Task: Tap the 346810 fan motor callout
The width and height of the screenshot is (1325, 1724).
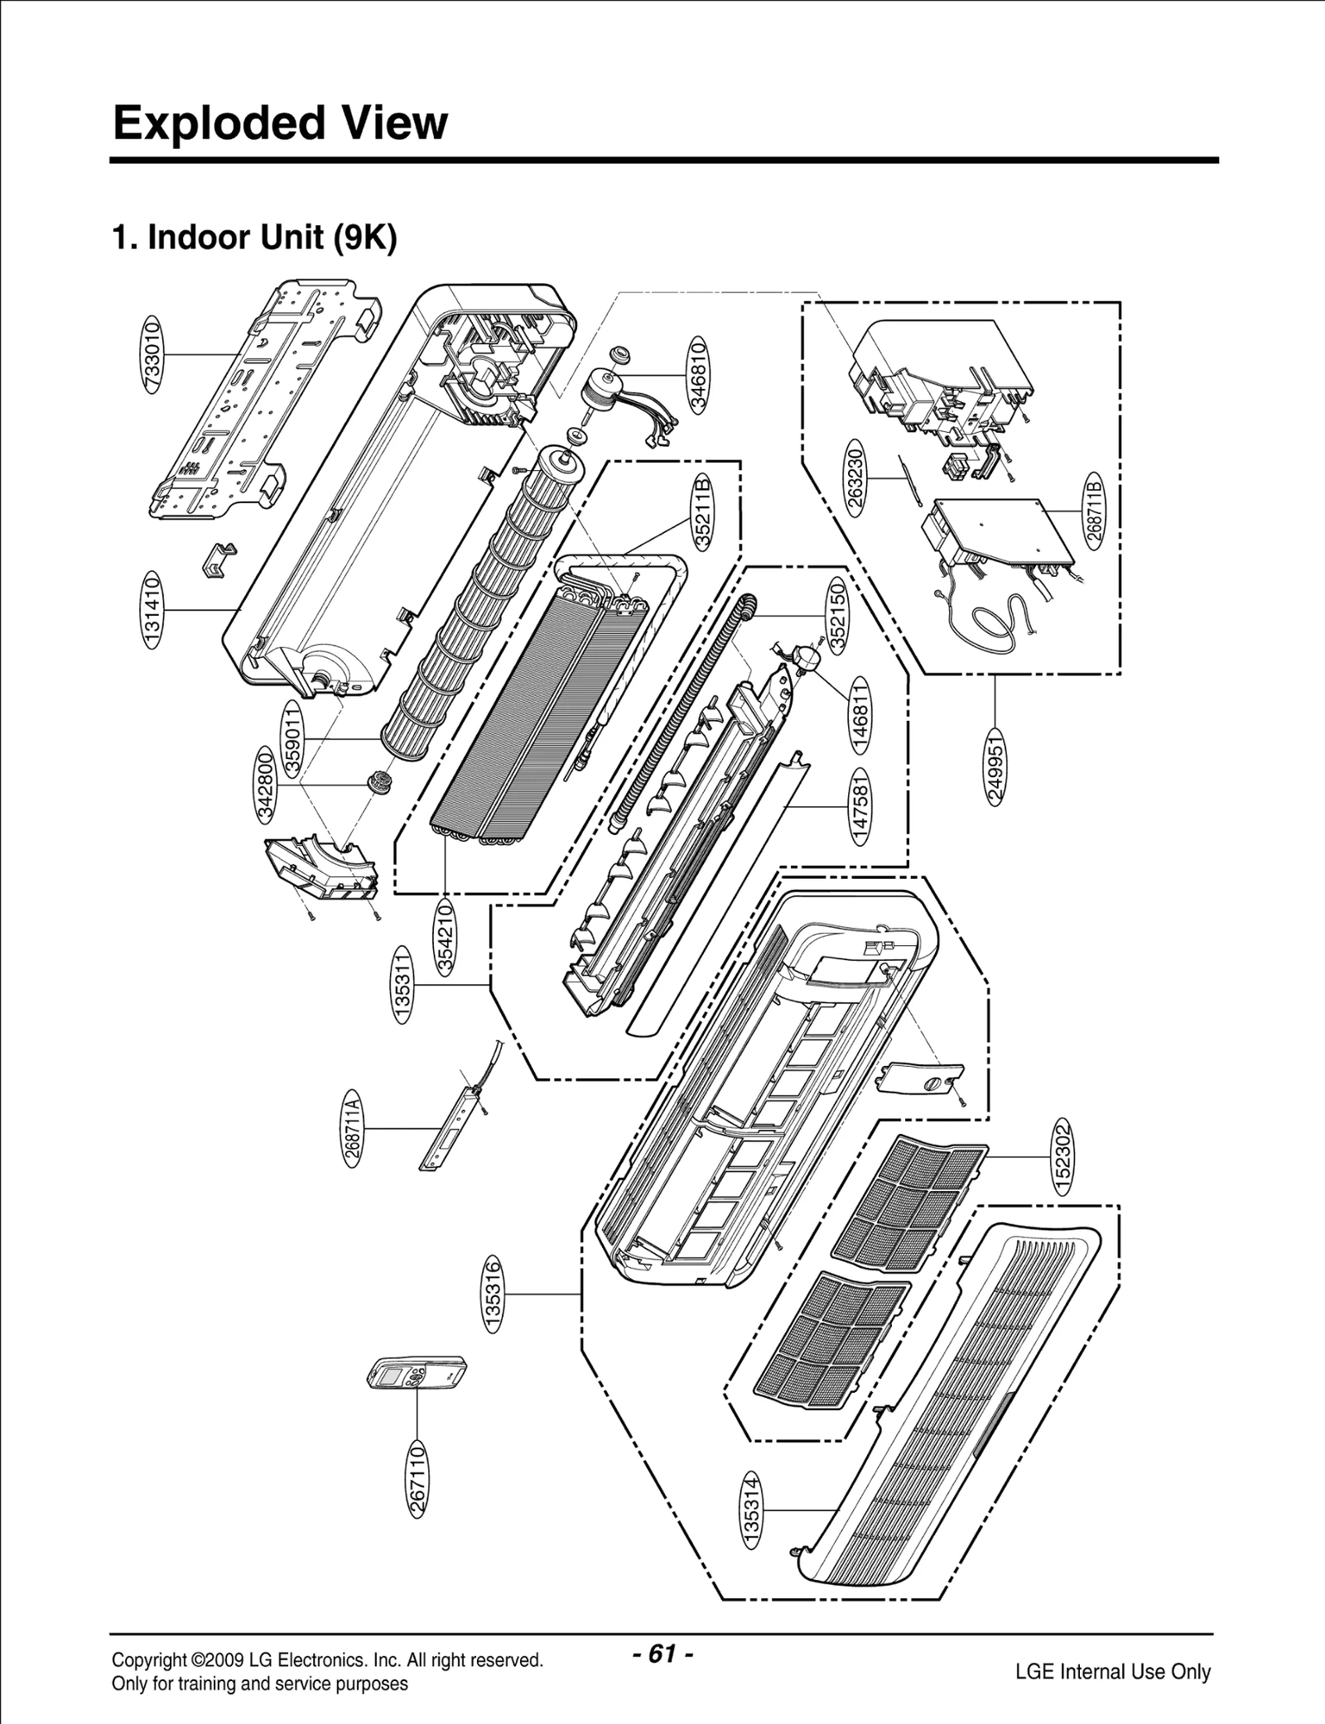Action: [x=699, y=373]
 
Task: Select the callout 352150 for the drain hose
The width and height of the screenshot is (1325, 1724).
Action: [x=836, y=614]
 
